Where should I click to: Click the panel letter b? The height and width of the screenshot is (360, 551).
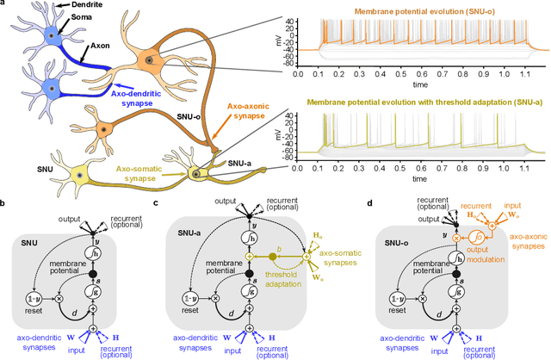point(5,203)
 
